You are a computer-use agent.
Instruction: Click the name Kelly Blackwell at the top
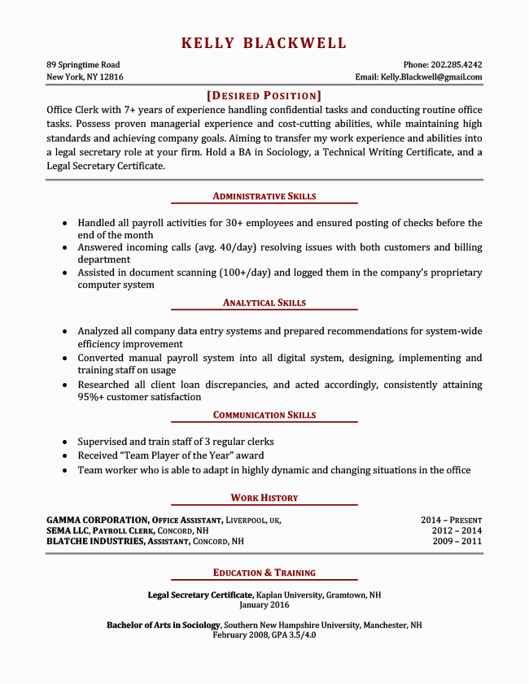tap(264, 43)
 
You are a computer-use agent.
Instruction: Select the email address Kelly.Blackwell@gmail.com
tap(431, 77)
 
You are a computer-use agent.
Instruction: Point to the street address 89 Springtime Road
tap(83, 64)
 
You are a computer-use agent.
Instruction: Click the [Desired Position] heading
tap(264, 95)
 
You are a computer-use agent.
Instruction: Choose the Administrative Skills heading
tap(264, 196)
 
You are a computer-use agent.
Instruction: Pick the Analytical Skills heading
tap(264, 303)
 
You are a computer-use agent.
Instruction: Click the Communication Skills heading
tap(264, 415)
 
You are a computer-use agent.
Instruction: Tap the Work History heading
tap(264, 498)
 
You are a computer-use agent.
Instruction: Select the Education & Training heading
tap(264, 573)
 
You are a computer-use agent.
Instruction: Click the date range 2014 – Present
tap(451, 520)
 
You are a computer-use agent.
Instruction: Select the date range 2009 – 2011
tap(457, 541)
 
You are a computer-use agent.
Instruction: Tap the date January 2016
tap(264, 605)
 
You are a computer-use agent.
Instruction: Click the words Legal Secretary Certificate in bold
tap(201, 595)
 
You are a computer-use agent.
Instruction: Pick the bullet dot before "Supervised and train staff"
tap(64, 441)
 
